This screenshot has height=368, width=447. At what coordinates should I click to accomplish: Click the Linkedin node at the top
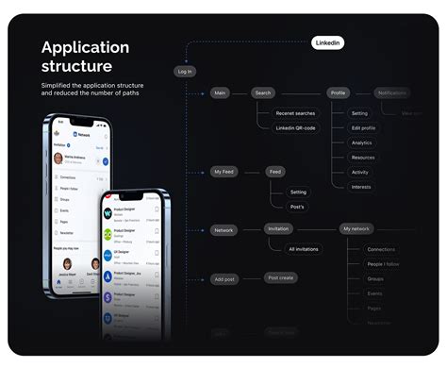click(x=328, y=42)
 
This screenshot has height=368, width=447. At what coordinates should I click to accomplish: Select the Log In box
click(x=185, y=71)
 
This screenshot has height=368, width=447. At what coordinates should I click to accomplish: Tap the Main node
click(x=220, y=93)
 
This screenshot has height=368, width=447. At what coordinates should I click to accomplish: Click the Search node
click(x=262, y=93)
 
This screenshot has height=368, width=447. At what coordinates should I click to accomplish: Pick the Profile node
click(x=339, y=93)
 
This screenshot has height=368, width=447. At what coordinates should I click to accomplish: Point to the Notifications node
click(x=391, y=93)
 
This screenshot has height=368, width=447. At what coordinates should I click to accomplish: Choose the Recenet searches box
click(x=296, y=112)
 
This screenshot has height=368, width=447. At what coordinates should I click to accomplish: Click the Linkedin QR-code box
click(x=296, y=127)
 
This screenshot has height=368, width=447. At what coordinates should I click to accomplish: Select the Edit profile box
click(x=363, y=127)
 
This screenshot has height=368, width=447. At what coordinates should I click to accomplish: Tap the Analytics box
click(x=362, y=142)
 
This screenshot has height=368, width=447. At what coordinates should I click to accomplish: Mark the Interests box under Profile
click(x=361, y=187)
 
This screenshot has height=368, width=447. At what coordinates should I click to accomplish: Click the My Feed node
click(x=223, y=172)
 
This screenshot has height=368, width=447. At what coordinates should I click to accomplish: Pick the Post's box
click(x=298, y=206)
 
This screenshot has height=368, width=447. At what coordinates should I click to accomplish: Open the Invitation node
click(x=278, y=229)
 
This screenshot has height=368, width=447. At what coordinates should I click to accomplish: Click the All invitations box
click(x=305, y=249)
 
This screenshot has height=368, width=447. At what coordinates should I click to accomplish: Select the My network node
click(x=356, y=229)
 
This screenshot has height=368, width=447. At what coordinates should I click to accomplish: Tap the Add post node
click(x=224, y=279)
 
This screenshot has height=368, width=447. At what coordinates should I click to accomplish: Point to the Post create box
click(x=281, y=277)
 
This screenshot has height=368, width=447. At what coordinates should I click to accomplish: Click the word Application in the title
click(x=86, y=48)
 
